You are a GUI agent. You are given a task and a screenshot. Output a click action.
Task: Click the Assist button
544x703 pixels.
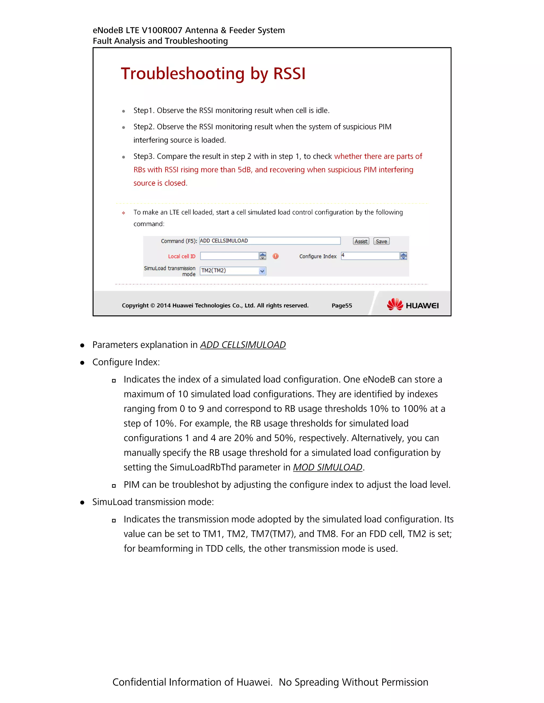(x=361, y=241)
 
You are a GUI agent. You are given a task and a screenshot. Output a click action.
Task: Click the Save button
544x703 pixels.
(x=381, y=241)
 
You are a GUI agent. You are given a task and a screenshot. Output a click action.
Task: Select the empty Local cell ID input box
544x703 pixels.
(x=229, y=256)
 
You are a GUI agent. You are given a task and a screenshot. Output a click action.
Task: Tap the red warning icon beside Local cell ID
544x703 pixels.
(x=275, y=256)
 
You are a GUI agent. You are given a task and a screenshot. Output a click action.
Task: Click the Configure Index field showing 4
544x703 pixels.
(x=370, y=256)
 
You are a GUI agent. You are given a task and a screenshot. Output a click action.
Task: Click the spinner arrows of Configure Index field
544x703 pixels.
(x=403, y=256)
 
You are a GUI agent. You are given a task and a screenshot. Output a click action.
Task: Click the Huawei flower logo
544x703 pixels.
(x=395, y=304)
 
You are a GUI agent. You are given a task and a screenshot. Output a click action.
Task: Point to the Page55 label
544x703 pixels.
(x=342, y=305)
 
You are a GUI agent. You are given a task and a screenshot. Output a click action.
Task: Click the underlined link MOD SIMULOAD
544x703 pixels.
(x=328, y=467)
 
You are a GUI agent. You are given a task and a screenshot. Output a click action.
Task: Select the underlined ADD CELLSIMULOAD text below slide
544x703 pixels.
(x=243, y=345)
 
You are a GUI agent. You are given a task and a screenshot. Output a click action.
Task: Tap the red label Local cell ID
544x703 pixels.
(x=181, y=256)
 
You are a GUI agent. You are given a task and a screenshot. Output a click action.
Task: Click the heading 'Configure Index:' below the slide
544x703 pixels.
(x=126, y=362)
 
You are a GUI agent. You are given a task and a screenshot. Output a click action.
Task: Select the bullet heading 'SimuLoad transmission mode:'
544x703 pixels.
(x=153, y=502)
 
